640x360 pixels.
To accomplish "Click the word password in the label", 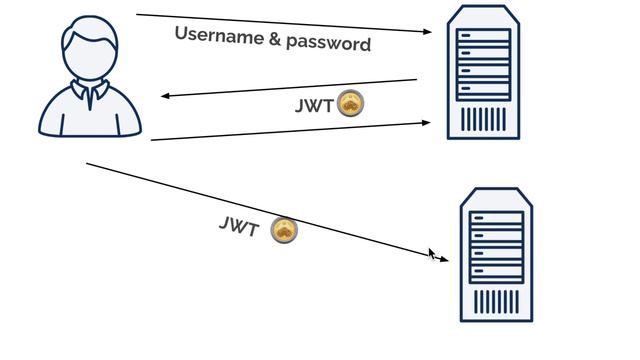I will pos(328,43).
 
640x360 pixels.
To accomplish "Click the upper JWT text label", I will pos(314,105).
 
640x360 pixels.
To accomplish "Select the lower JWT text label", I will pos(239,226).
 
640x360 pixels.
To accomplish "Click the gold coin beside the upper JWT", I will pos(350,104).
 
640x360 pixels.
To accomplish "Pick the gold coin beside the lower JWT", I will pos(284,232).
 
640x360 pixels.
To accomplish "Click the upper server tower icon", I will pos(484,72).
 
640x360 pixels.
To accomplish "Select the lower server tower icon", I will pos(496,255).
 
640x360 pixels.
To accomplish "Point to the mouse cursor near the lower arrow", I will pos(432,254).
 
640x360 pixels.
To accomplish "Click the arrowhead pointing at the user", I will pos(166,96).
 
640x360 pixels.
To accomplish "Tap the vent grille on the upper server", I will pos(484,118).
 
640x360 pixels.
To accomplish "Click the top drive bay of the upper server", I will pos(484,36).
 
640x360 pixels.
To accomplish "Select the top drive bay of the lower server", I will pos(497,218).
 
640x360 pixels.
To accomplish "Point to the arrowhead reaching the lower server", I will pos(444,260).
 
